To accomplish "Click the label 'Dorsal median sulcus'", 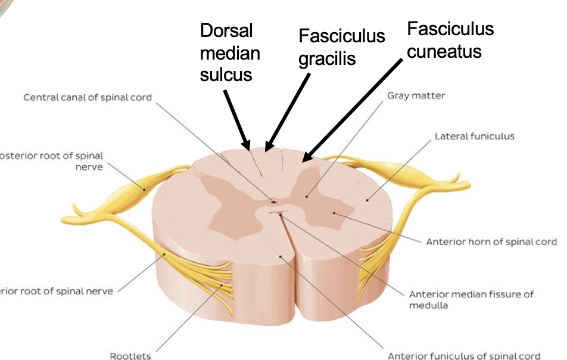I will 230,53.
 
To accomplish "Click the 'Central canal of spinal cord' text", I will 88,97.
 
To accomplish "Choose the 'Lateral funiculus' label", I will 474,136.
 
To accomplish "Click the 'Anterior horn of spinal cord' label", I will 491,242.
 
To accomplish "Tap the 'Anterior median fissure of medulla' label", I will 471,300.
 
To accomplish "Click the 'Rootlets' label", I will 130,356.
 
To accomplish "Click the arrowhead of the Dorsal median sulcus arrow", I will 247,147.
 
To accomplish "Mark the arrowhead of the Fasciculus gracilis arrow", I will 267,147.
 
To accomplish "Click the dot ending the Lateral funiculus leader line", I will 367,200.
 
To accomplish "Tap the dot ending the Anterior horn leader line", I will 334,212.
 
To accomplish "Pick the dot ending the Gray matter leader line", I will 307,195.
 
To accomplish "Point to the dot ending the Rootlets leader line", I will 222,286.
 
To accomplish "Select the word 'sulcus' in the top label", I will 226,75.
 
